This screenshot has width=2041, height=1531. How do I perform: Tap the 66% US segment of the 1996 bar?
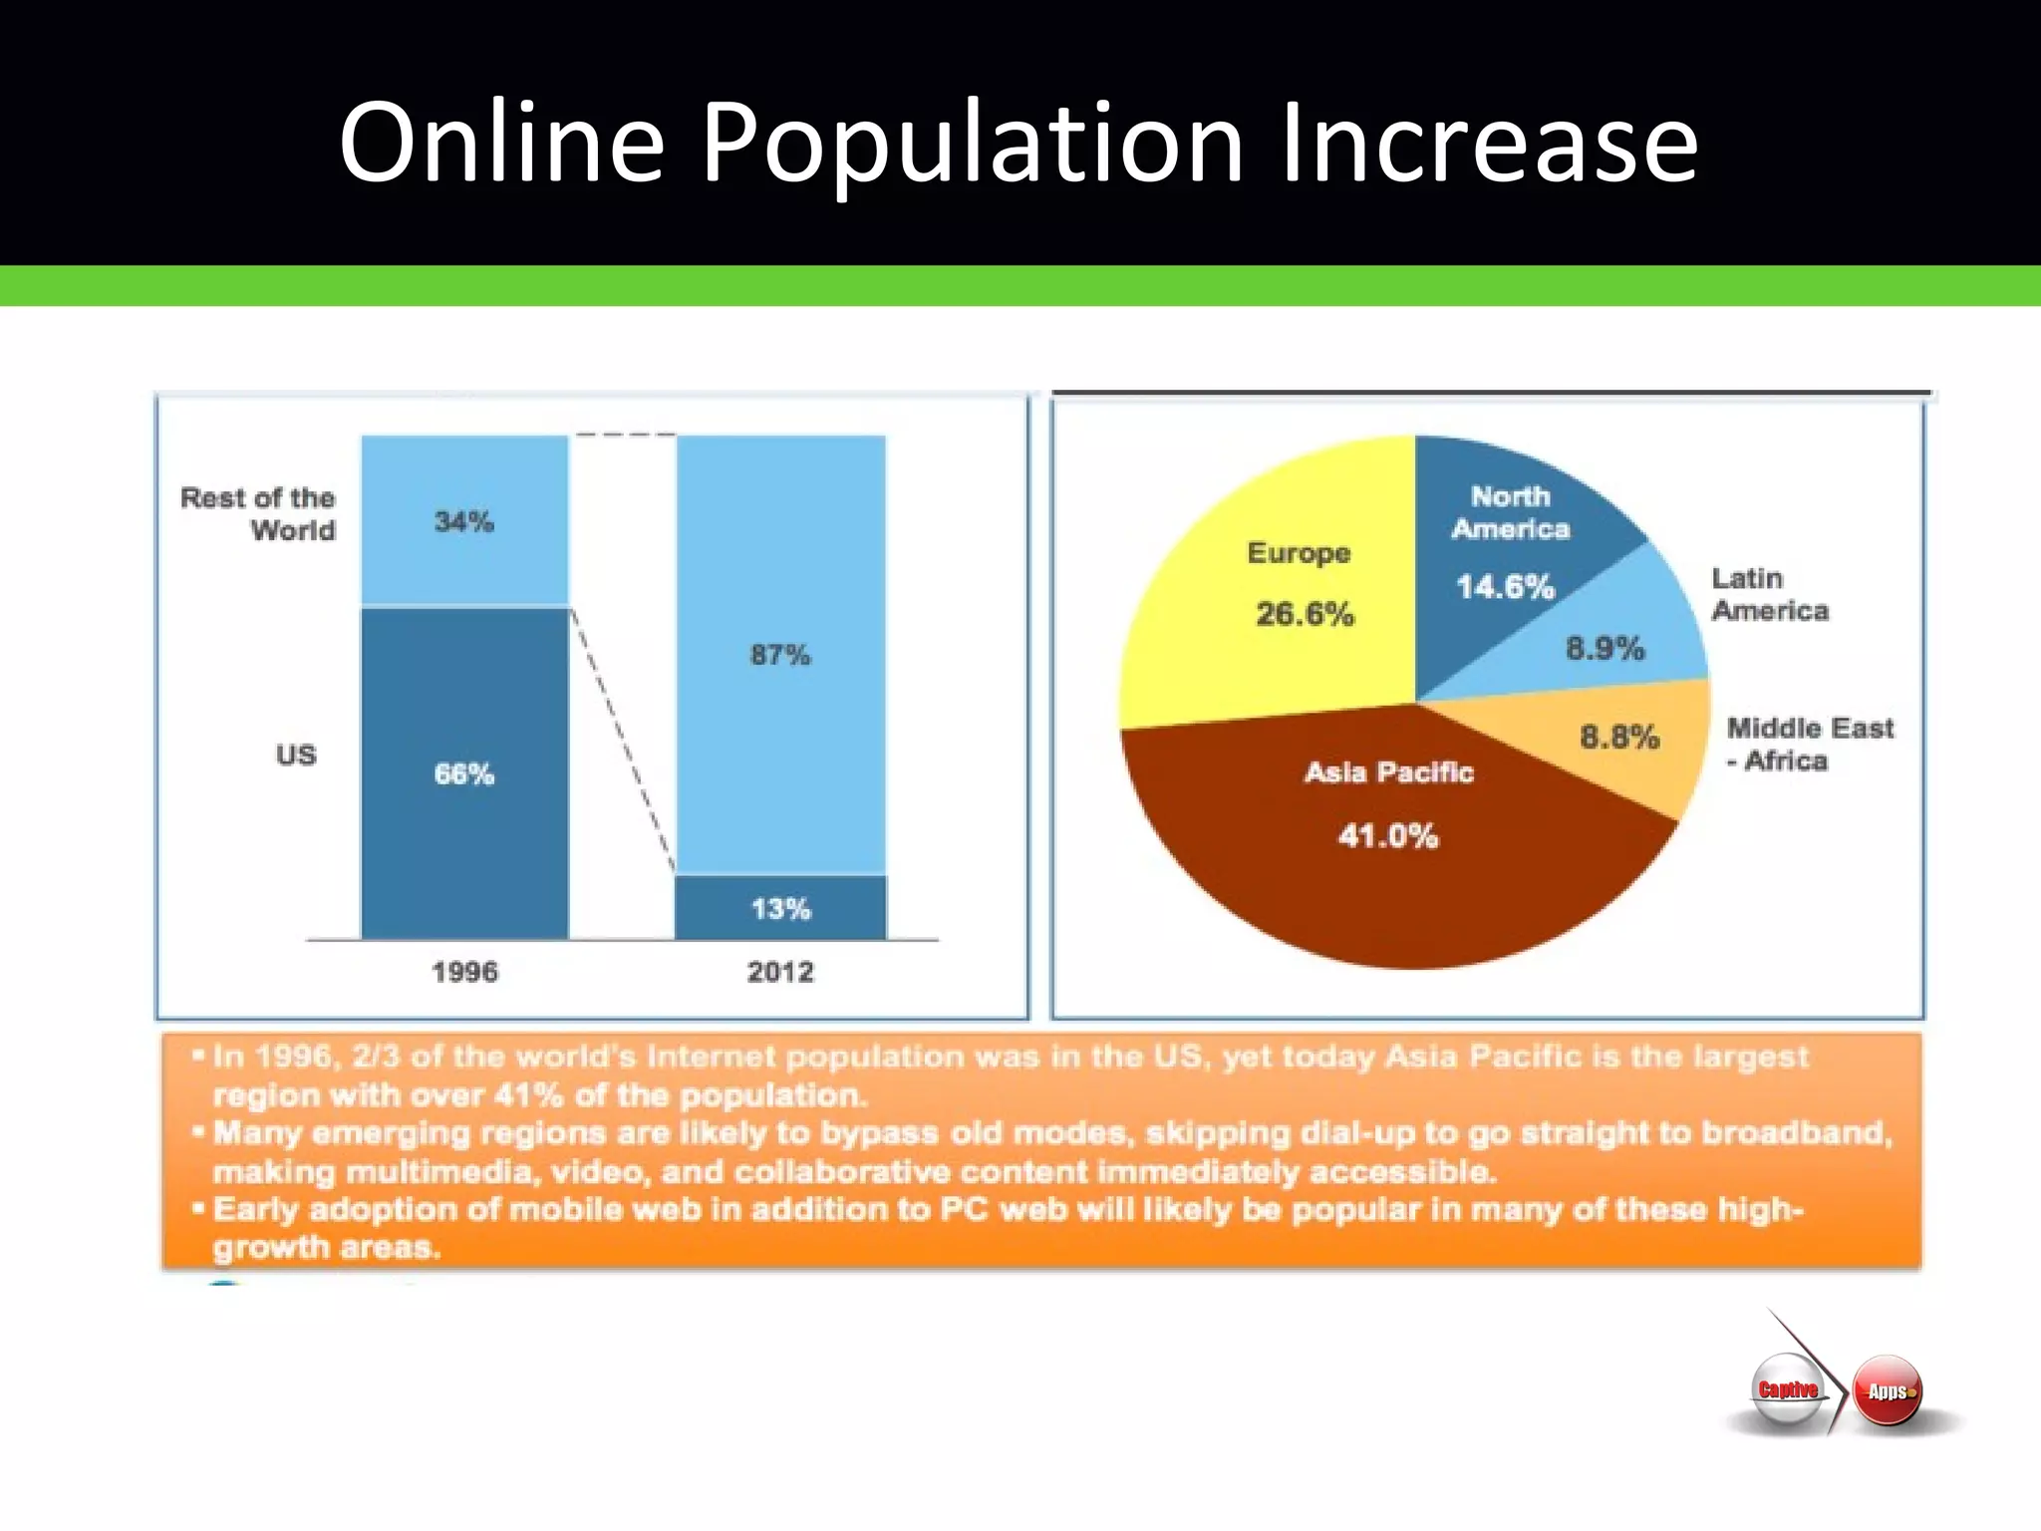[464, 773]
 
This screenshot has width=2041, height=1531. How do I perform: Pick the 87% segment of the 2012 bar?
[780, 655]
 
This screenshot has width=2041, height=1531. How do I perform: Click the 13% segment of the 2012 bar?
[780, 908]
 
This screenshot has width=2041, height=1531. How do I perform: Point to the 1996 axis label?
[464, 972]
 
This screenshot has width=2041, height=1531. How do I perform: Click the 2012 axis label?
[780, 972]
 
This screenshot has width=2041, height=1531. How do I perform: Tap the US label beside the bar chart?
[296, 755]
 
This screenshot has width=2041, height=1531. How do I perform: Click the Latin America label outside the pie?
[1770, 594]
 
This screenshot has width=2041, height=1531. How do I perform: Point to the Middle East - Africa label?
[1809, 744]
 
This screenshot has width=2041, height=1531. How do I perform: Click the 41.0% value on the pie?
[1388, 835]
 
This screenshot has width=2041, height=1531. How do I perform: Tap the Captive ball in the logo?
[1788, 1389]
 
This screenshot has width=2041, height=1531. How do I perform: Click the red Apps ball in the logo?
[1888, 1391]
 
